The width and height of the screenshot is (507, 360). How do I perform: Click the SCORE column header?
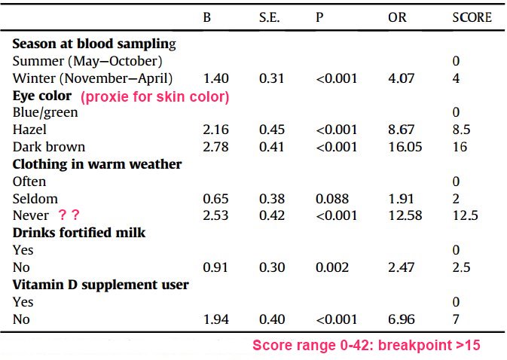472,17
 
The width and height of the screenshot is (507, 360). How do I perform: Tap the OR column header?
396,17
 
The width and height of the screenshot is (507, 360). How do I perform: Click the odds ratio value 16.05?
399,147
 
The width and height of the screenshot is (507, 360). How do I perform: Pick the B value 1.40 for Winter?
216,78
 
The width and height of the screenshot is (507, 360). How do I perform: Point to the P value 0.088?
332,199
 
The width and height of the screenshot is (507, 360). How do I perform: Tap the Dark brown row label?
49,147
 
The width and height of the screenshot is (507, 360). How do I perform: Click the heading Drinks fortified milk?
79,233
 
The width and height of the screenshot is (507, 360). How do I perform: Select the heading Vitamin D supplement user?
100,285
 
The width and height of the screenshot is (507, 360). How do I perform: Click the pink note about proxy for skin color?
155,97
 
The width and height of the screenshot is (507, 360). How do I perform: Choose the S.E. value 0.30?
272,267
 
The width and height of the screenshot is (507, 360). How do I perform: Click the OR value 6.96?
399,319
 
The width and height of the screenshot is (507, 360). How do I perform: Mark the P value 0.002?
332,267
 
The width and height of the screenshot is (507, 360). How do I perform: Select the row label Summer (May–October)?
87,60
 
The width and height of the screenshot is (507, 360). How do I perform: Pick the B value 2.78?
216,147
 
